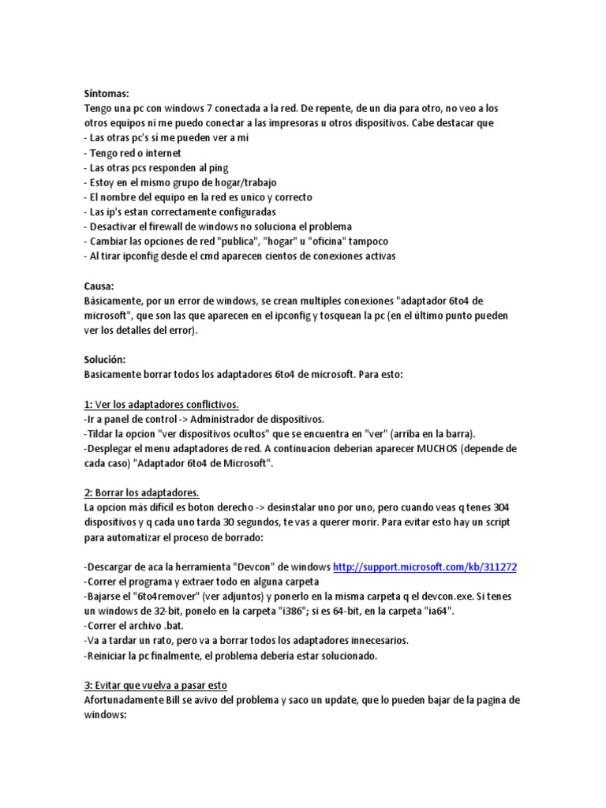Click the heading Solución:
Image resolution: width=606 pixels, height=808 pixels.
(105, 360)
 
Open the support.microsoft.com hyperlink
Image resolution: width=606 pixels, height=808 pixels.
(425, 567)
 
